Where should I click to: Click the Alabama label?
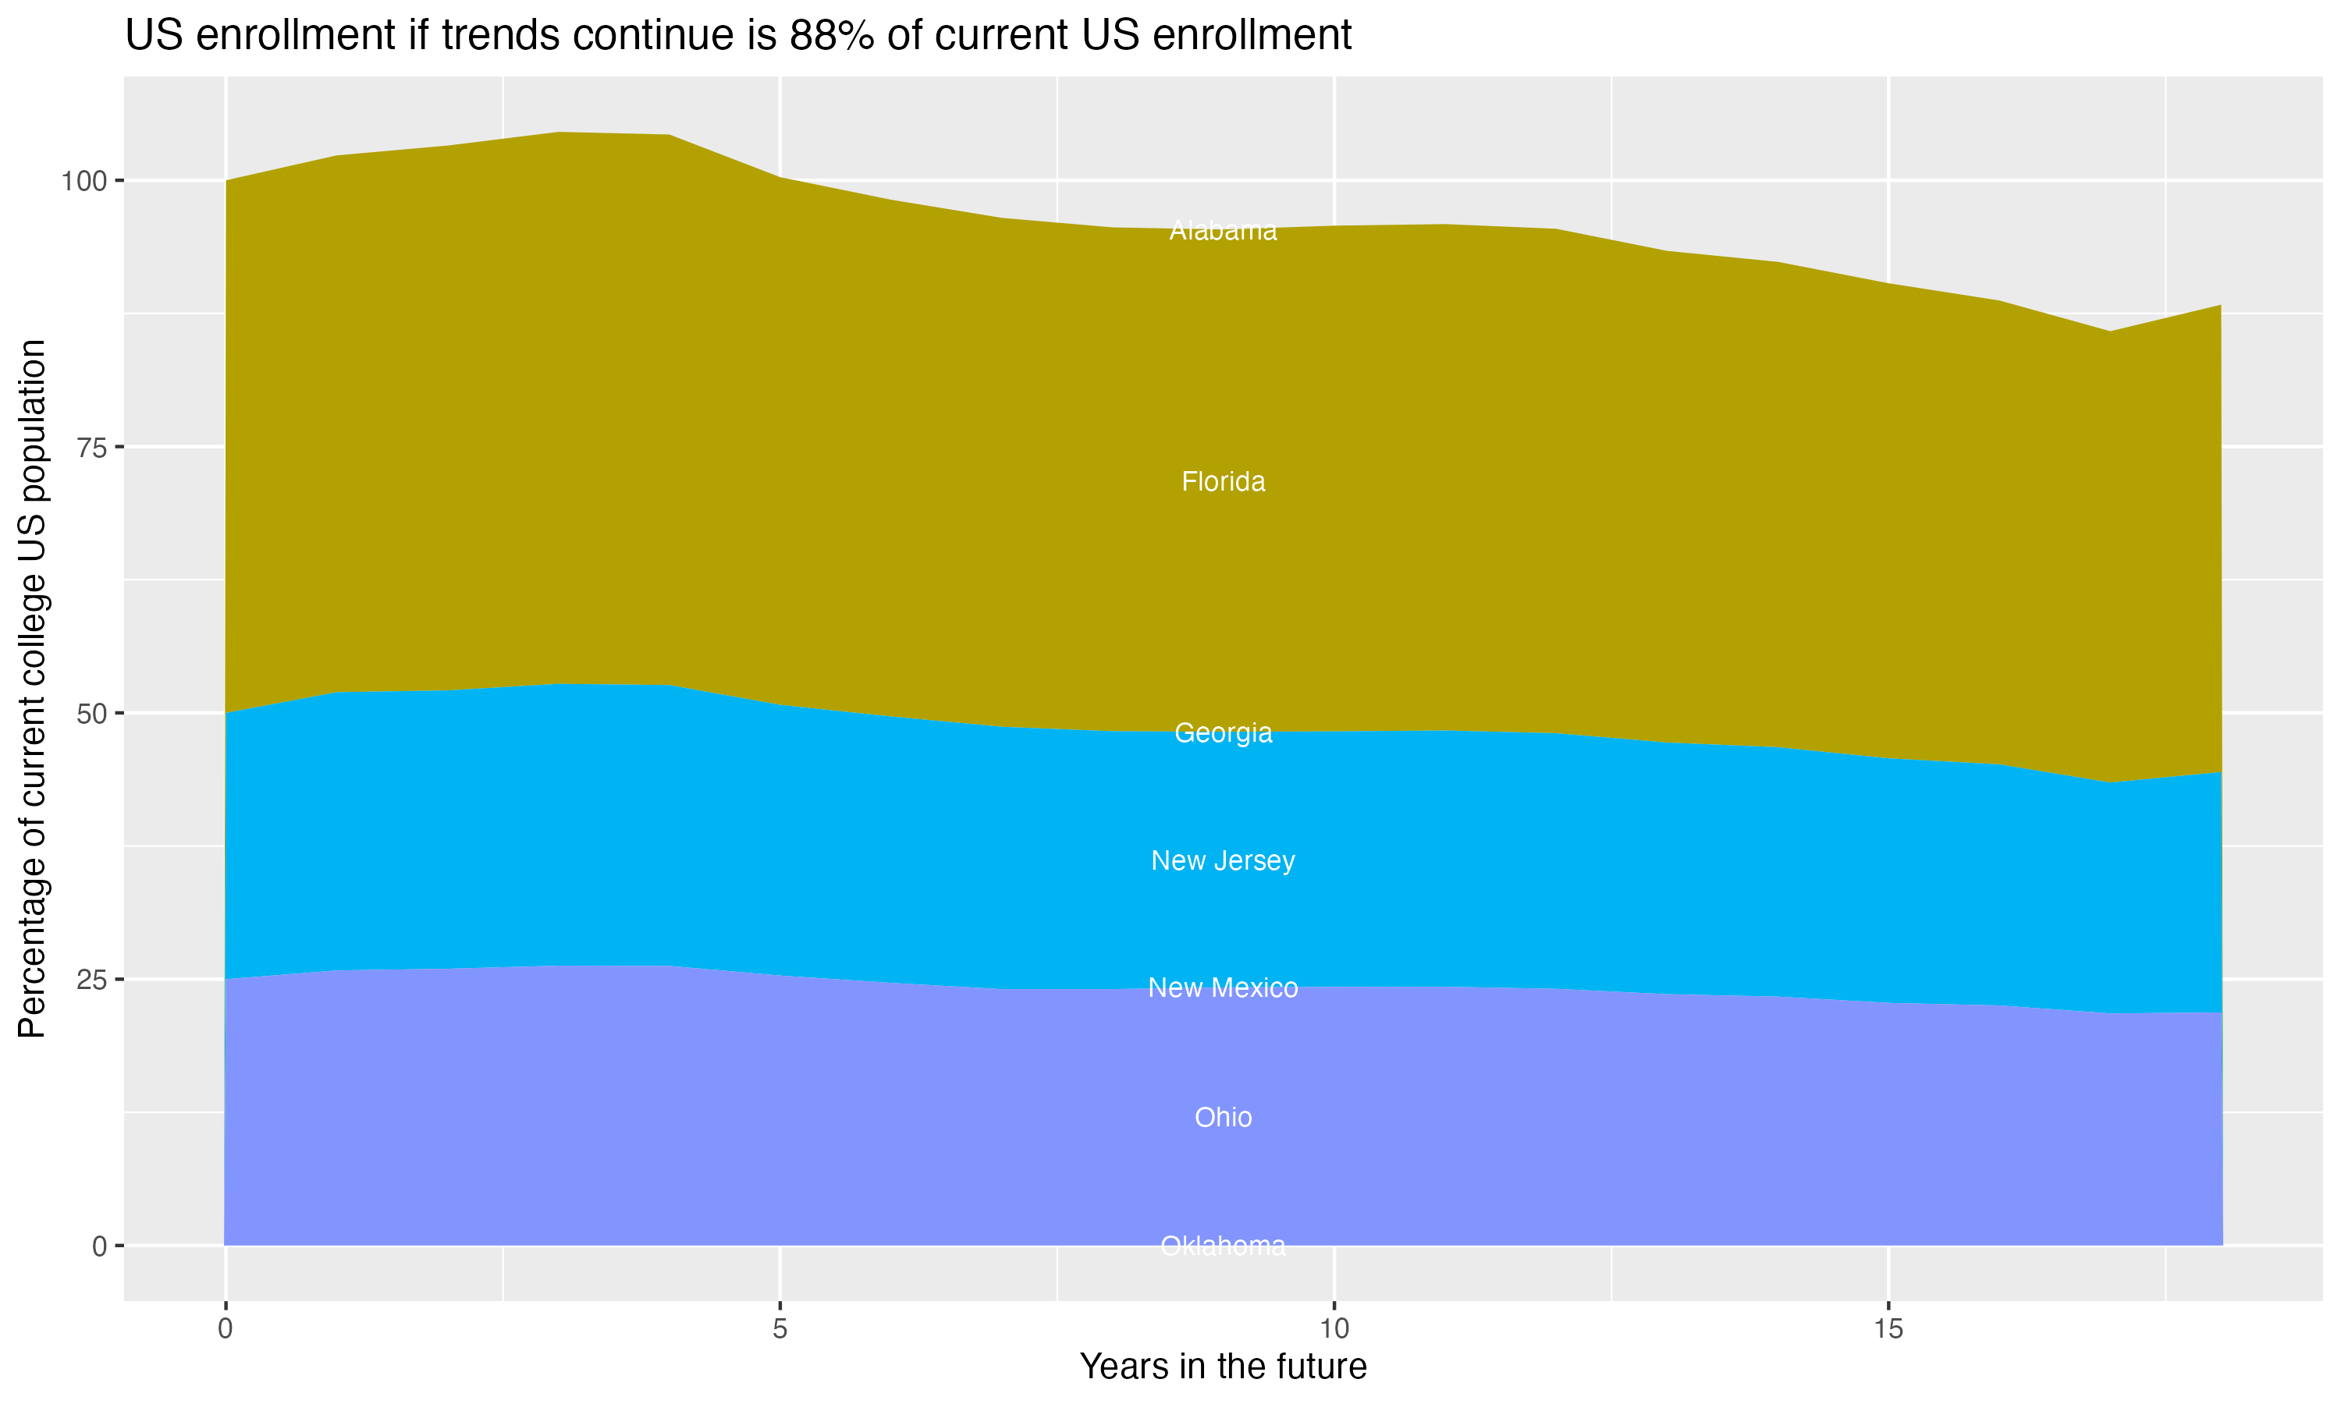(x=1223, y=231)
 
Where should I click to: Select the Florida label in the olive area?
(x=1223, y=483)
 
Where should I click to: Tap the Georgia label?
(x=1223, y=733)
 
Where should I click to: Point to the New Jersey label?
(x=1223, y=861)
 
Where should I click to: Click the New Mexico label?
(x=1223, y=987)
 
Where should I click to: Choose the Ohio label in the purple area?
(x=1223, y=1117)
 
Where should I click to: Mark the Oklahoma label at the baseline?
(x=1223, y=1246)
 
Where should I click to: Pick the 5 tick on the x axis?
(x=780, y=1329)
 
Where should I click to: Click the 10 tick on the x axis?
(x=1334, y=1329)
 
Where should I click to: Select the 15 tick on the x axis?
(x=1888, y=1329)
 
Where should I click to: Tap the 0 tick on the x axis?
(x=226, y=1329)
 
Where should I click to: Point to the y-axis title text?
(x=32, y=689)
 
